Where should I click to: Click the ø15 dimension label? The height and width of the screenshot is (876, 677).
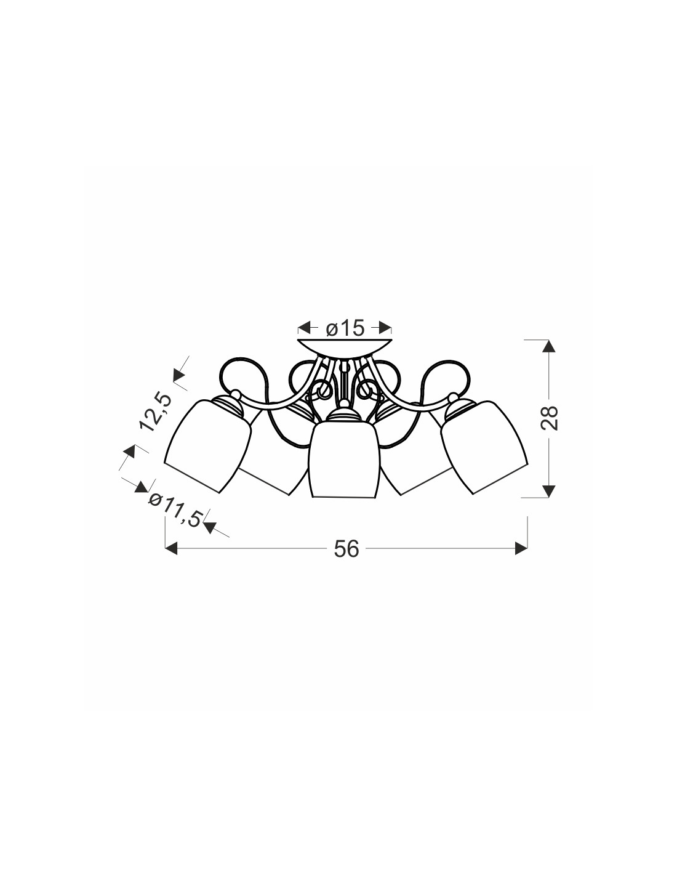345,328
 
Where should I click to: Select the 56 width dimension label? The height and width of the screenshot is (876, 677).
347,549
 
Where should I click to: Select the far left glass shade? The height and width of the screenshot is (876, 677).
208,446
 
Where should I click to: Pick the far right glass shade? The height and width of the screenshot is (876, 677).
484,447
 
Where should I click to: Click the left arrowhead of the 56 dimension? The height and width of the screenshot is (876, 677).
171,548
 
